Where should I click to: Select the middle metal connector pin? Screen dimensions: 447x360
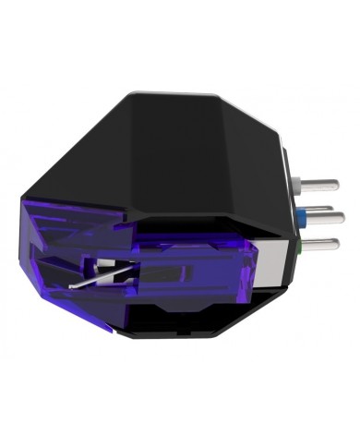(x=326, y=217)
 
